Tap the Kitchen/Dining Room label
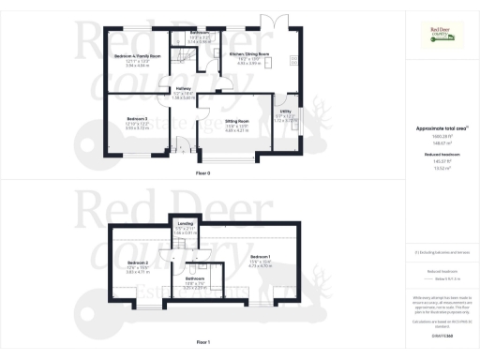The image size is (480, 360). [249, 54]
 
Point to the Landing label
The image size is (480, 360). [184, 223]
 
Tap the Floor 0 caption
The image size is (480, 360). [202, 174]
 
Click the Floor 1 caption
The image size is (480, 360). [202, 344]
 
